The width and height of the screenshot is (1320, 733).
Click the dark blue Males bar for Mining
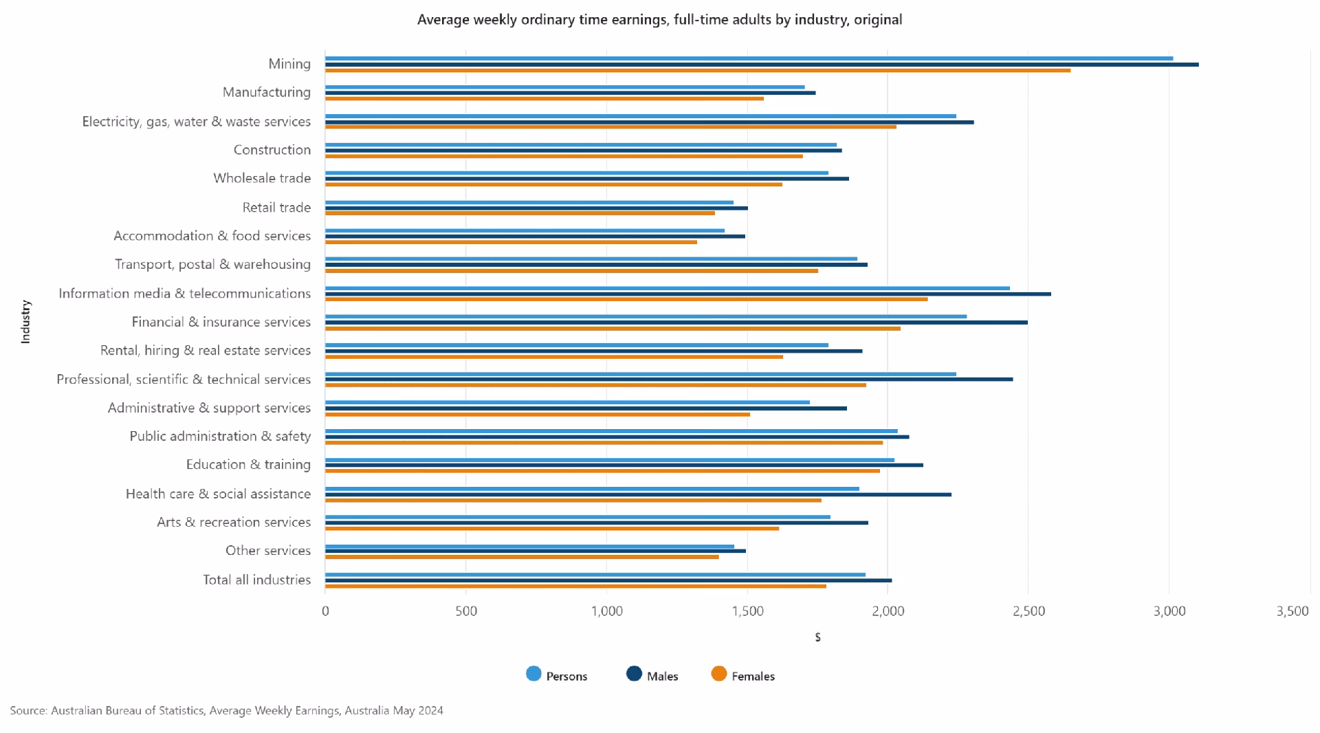[756, 65]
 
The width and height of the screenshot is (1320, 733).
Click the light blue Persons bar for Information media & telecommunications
[667, 288]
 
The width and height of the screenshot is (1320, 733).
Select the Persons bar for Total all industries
[595, 574]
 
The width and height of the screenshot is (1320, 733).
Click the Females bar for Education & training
[602, 471]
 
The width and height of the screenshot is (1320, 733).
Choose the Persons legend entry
[556, 676]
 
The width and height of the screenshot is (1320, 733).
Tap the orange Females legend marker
[719, 674]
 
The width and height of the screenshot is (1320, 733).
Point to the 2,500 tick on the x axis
[1028, 611]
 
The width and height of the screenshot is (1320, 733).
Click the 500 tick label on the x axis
[465, 611]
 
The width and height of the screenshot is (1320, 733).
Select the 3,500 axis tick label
[1292, 611]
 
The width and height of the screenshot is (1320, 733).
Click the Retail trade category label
[276, 208]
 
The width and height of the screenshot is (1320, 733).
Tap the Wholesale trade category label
[262, 178]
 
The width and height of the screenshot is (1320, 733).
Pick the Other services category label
[268, 551]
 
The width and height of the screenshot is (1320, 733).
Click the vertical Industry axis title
[25, 321]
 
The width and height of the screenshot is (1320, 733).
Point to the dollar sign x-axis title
[817, 637]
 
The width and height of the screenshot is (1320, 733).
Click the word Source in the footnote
[28, 710]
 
